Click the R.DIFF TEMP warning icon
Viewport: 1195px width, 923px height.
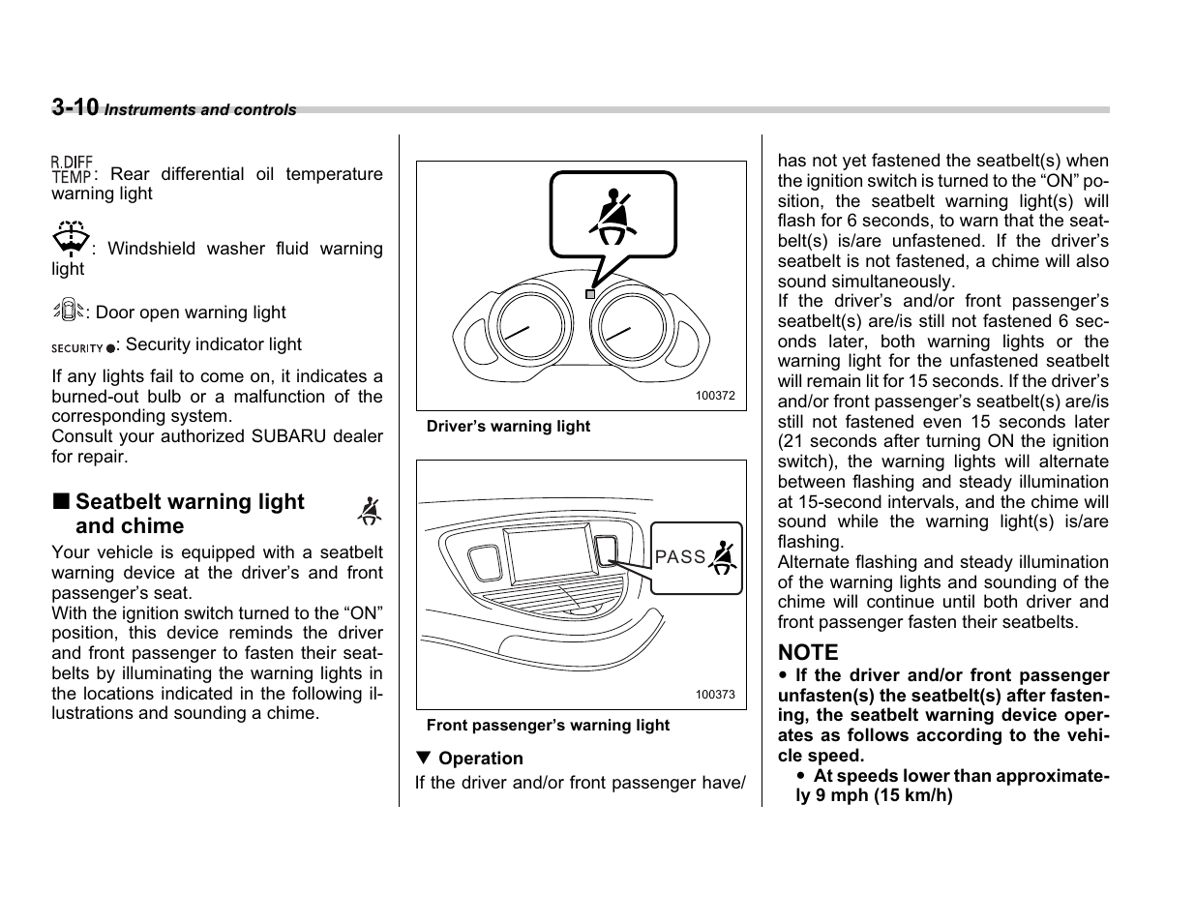coord(73,170)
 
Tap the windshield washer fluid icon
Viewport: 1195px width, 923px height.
coord(71,238)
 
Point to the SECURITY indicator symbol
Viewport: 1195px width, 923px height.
coord(83,346)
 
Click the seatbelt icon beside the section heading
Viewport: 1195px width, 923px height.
coord(369,511)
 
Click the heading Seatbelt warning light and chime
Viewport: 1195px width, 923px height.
coord(190,514)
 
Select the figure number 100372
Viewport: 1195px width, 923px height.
coord(715,396)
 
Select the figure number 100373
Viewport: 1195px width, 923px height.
coord(715,695)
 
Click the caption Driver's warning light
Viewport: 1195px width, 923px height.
coord(508,427)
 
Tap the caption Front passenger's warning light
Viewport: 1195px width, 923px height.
coord(548,726)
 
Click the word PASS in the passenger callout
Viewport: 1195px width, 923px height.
coord(680,557)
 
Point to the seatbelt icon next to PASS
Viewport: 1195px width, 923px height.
coord(723,556)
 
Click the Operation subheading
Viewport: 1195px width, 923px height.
coord(480,759)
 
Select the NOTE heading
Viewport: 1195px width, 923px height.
coord(808,653)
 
